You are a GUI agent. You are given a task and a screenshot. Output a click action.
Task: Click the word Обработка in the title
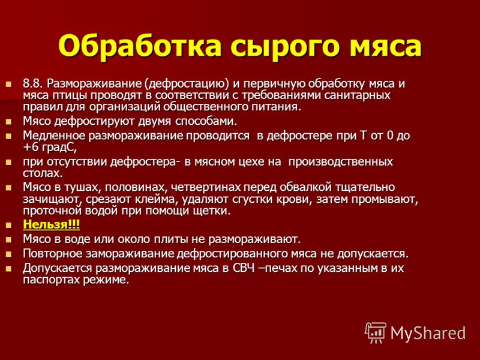pyautogui.click(x=140, y=46)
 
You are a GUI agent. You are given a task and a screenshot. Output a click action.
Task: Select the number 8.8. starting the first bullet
pyautogui.click(x=34, y=83)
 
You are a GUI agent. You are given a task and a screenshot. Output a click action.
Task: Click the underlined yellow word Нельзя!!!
pyautogui.click(x=52, y=224)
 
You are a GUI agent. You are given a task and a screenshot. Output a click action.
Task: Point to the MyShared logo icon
pyautogui.click(x=376, y=333)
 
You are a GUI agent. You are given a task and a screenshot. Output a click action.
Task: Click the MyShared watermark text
pyautogui.click(x=428, y=334)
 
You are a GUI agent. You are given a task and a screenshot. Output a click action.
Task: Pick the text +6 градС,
pyautogui.click(x=49, y=148)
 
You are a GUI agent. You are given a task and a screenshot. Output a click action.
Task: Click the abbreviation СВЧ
pyautogui.click(x=244, y=268)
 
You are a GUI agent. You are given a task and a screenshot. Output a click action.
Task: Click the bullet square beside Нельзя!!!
pyautogui.click(x=8, y=226)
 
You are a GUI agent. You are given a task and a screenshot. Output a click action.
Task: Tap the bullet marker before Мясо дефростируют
pyautogui.click(x=8, y=122)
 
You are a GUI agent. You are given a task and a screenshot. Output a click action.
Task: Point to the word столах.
pyautogui.click(x=43, y=173)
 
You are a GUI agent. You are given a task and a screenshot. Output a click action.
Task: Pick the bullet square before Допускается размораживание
pyautogui.click(x=8, y=269)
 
